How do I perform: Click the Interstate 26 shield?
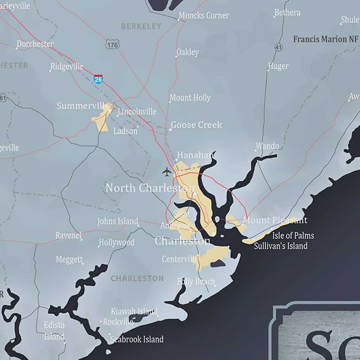point(98,79)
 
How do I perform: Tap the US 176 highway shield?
point(112,44)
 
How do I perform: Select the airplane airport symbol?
point(167,172)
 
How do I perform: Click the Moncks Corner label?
point(204,15)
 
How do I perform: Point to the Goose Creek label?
point(196,125)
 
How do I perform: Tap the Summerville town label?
point(83,105)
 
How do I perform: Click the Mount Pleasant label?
point(275,220)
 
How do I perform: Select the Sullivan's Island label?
point(281,246)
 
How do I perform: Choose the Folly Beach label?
point(196,281)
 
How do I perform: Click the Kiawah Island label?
point(134,311)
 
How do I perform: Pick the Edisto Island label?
point(54,331)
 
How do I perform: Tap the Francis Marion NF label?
point(326,39)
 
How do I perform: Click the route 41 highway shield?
point(279,47)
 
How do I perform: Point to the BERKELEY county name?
point(141,26)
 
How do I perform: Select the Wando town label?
point(267,146)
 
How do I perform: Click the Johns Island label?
point(118,221)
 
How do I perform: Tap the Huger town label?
point(278,66)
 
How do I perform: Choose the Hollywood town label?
point(116,242)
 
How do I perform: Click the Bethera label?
point(288,13)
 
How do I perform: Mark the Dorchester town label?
point(35,44)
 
